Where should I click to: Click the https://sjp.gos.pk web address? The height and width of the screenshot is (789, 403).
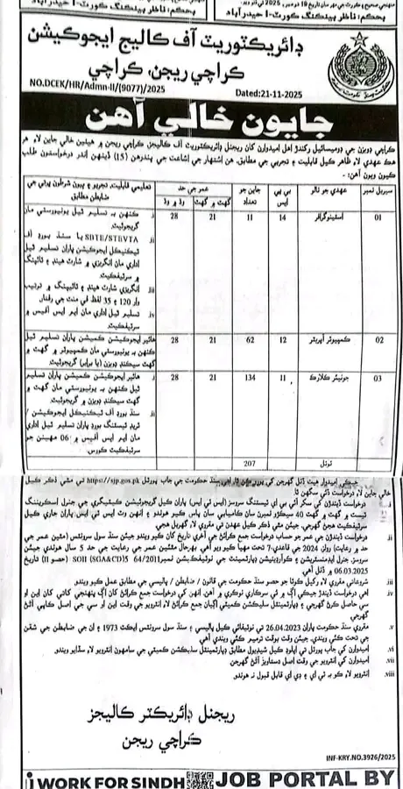pyautogui.click(x=121, y=485)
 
